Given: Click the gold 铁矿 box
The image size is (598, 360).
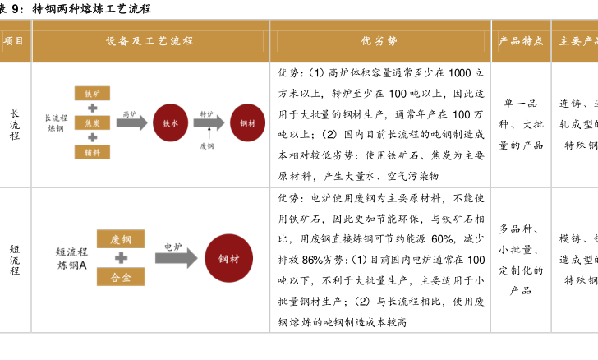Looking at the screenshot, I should (x=91, y=94).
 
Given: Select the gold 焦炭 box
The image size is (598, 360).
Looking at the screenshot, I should (x=91, y=122).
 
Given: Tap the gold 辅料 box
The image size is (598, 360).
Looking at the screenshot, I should (x=91, y=151).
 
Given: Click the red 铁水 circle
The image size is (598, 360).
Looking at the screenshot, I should (x=171, y=122).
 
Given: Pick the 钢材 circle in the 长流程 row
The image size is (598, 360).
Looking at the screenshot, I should (x=247, y=122).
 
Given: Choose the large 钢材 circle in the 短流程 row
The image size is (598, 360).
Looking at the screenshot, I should (x=228, y=258).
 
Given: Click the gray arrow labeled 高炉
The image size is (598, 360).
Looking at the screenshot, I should (x=131, y=122).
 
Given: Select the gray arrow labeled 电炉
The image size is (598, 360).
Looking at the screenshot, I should (x=176, y=257).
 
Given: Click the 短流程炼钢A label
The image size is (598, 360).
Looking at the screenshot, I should (x=71, y=258).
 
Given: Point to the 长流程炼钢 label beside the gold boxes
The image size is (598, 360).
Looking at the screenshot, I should (x=56, y=122).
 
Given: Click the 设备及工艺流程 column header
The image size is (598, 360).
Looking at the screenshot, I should (x=149, y=40).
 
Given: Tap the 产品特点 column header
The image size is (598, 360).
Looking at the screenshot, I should (x=521, y=40).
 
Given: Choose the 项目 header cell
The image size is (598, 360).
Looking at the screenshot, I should (x=14, y=40).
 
